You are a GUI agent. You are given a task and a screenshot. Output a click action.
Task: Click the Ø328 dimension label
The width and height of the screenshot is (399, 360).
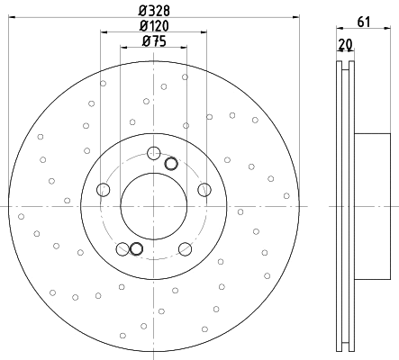[154, 10]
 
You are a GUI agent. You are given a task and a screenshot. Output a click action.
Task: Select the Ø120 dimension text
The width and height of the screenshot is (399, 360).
[154, 25]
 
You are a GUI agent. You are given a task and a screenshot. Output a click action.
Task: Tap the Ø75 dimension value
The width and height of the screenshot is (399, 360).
[153, 41]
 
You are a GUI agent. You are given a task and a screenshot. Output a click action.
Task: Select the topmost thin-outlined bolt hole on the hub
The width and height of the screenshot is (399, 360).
[153, 152]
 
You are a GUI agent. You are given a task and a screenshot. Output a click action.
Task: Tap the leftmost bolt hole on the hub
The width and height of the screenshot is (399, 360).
[103, 189]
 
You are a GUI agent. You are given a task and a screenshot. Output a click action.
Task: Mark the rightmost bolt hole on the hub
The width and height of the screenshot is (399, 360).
[204, 189]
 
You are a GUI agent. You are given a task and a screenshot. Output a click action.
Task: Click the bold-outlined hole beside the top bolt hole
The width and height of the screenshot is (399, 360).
[172, 163]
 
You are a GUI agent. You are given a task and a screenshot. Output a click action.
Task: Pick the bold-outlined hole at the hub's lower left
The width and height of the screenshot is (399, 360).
[136, 249]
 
